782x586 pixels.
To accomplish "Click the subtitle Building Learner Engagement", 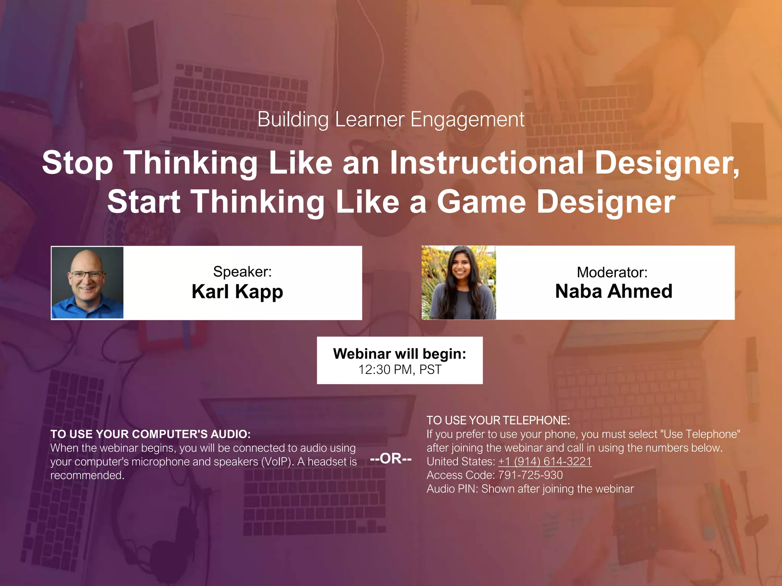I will pyautogui.click(x=391, y=119).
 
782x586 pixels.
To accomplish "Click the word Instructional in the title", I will pyautogui.click(x=486, y=163).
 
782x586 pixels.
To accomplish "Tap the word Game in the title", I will pyautogui.click(x=481, y=202).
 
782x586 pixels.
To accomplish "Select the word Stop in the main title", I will pyautogui.click(x=78, y=163).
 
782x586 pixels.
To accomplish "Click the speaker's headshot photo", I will pyautogui.click(x=87, y=283).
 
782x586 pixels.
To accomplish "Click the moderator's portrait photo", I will pyautogui.click(x=459, y=283).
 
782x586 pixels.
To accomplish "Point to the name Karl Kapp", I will pyautogui.click(x=237, y=292).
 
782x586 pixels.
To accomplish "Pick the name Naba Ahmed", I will pyautogui.click(x=613, y=291).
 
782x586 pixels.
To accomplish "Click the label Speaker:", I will pyautogui.click(x=242, y=272).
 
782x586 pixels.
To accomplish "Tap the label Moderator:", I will pyautogui.click(x=612, y=272).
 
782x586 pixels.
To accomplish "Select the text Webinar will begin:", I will pyautogui.click(x=399, y=354).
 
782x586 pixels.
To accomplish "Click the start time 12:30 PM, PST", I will pyautogui.click(x=399, y=370).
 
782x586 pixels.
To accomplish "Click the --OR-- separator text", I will pyautogui.click(x=391, y=458).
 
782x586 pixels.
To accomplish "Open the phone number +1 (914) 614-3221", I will pyautogui.click(x=545, y=462).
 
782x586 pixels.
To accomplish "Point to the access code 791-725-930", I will pyautogui.click(x=530, y=475).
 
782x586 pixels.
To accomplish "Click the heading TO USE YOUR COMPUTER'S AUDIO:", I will pyautogui.click(x=150, y=434).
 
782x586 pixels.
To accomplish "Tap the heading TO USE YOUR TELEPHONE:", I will pyautogui.click(x=498, y=420).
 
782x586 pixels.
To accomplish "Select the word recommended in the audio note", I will pyautogui.click(x=87, y=475).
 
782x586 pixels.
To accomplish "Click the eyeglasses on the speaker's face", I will pyautogui.click(x=87, y=275).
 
